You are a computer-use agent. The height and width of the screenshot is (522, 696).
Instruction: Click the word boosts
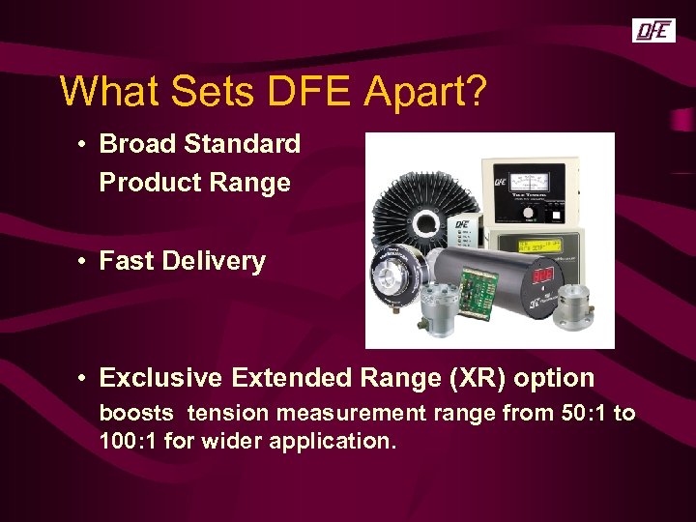point(137,414)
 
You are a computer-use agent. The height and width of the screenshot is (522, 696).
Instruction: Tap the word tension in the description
point(228,414)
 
